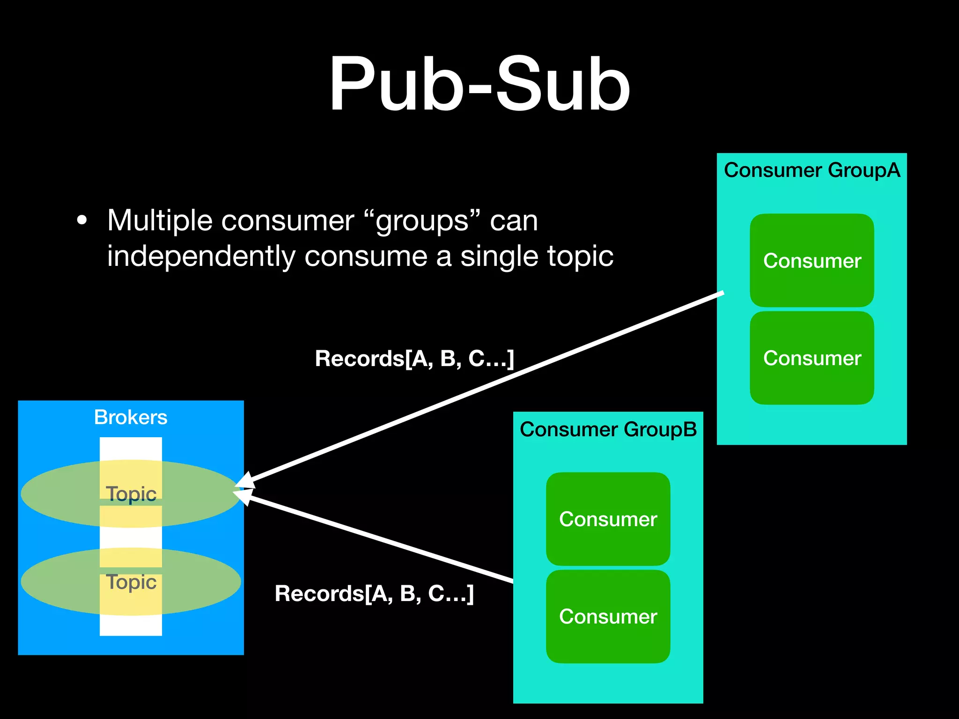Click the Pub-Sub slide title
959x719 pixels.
479,84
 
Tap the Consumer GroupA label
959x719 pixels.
812,170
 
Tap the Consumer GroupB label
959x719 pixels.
608,430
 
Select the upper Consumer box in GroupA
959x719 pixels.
812,261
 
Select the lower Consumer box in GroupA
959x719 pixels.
812,358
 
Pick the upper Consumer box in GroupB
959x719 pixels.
608,519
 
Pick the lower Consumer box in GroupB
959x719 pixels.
608,616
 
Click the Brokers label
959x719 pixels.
131,417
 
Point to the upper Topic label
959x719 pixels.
131,494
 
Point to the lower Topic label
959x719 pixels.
131,582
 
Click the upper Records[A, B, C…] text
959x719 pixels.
414,359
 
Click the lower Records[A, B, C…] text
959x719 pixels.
374,594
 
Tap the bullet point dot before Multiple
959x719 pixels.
82,220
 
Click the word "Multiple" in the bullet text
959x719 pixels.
159,220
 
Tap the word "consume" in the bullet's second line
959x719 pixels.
366,257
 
